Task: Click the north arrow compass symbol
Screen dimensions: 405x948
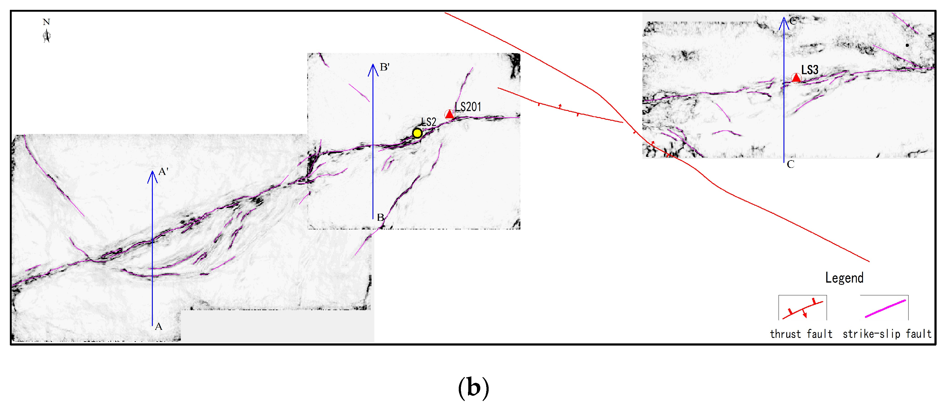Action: point(47,36)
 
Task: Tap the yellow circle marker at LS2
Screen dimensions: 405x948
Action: point(417,133)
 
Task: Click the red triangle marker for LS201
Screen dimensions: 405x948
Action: point(449,114)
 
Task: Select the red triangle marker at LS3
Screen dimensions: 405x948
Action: point(796,78)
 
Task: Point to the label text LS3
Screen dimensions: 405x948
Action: point(810,70)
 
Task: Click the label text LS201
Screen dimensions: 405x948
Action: point(468,107)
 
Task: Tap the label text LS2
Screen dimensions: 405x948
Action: point(429,122)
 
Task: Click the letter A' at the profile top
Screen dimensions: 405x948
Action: point(163,172)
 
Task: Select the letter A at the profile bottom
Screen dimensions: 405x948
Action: point(159,326)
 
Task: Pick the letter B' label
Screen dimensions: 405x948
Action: point(384,67)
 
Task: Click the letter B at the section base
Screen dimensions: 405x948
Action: point(380,217)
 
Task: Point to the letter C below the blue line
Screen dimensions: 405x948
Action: point(791,164)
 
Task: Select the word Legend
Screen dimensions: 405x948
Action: point(844,277)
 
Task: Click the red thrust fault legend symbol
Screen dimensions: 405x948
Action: point(802,309)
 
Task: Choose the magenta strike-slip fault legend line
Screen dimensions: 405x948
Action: point(885,308)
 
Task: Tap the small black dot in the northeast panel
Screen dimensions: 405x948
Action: point(907,45)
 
